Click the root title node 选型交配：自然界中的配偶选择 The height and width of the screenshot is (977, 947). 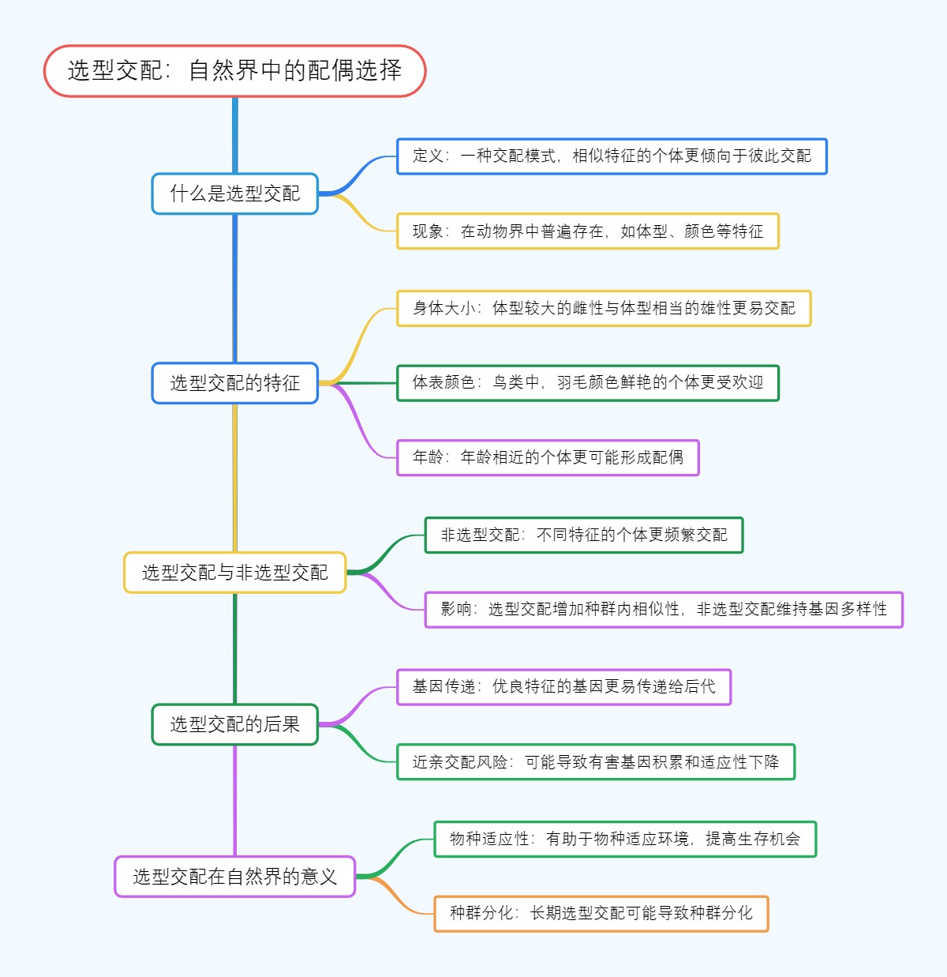[x=234, y=71]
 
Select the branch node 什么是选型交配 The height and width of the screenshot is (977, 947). [x=234, y=194]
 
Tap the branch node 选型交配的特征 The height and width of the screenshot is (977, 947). [x=234, y=383]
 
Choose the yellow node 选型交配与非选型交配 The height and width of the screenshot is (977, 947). [x=234, y=573]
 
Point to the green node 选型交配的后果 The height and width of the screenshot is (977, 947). [x=234, y=724]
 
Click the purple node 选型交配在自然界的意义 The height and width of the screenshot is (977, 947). [x=234, y=877]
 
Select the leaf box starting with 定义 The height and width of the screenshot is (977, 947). [x=612, y=156]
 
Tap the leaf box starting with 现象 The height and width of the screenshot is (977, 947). [x=587, y=231]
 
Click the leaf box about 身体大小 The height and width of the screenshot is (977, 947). [x=604, y=308]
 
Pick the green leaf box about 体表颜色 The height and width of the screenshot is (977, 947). [x=587, y=383]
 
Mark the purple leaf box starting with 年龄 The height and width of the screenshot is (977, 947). [x=548, y=457]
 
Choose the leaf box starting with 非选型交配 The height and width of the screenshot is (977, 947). [x=584, y=535]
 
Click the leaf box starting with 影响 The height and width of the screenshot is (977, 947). [x=664, y=610]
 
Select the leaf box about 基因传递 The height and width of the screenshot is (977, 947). [x=563, y=687]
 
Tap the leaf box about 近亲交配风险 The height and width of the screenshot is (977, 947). [x=596, y=762]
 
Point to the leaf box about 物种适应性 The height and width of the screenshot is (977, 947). [x=625, y=839]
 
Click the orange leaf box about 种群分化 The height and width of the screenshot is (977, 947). [x=601, y=914]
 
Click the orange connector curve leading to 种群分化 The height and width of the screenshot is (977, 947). [x=402, y=900]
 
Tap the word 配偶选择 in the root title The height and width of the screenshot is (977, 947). [x=354, y=71]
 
